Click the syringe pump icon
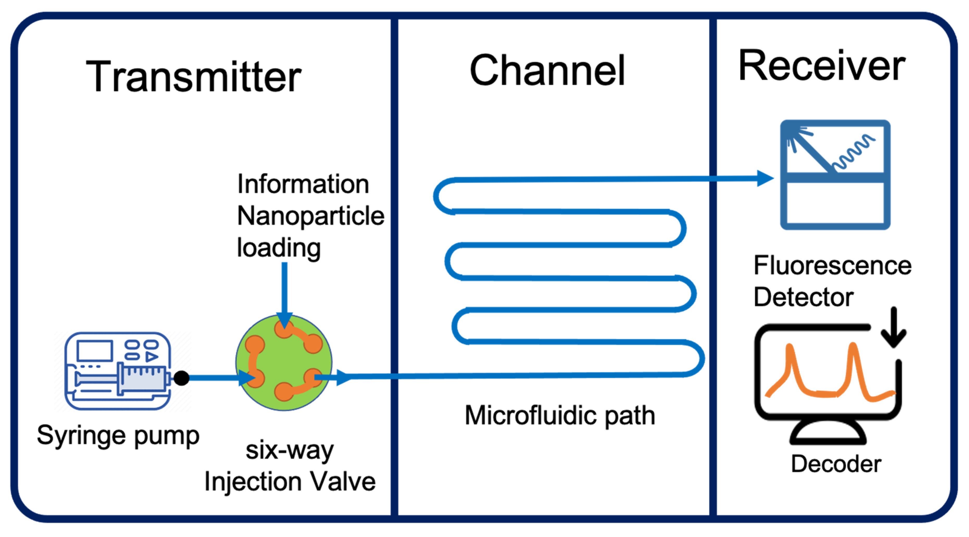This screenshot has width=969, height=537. point(118,371)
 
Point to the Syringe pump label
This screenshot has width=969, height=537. point(118,436)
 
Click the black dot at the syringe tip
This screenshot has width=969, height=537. point(181,378)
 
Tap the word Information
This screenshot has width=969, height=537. point(303,184)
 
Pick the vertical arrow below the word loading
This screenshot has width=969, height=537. point(284,294)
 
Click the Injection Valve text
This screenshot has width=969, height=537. point(290,482)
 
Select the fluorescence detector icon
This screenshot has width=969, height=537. point(835,175)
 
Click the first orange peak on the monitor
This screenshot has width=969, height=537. point(791,361)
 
